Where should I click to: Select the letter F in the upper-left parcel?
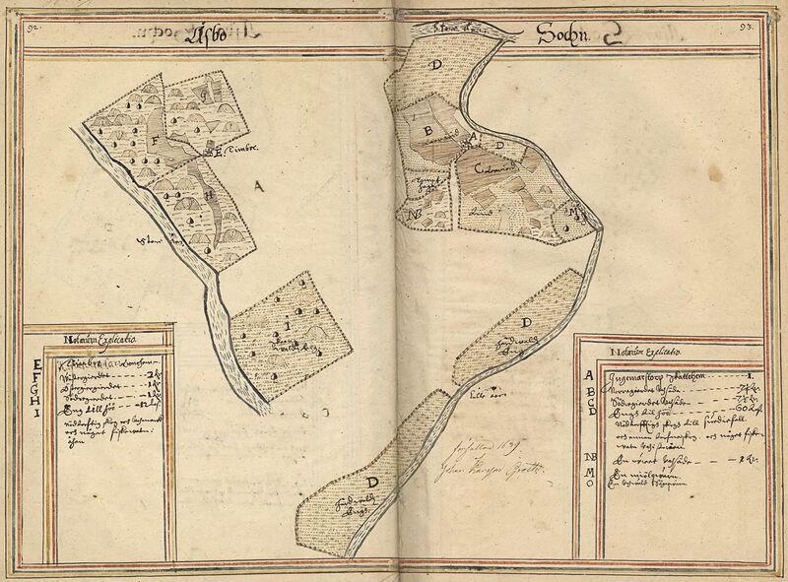point(154,138)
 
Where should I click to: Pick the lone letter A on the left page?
point(258,184)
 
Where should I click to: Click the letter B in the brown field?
point(428,130)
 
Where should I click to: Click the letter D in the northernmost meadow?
point(436,64)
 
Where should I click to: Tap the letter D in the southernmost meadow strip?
point(372,483)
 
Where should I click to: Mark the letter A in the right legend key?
point(589,375)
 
